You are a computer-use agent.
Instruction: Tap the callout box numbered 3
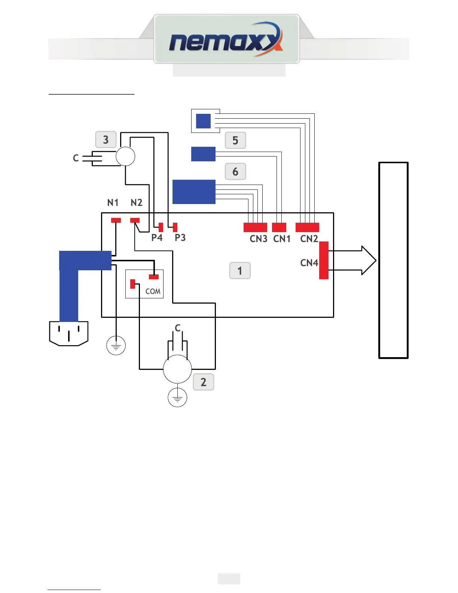click(x=106, y=140)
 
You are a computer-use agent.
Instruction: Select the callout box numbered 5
click(x=235, y=140)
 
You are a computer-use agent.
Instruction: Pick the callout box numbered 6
click(x=235, y=171)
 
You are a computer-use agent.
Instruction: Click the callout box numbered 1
click(x=240, y=271)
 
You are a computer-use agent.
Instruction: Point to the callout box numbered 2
click(x=204, y=382)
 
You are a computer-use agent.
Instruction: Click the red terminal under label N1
click(x=116, y=220)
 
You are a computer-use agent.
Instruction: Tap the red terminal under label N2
click(x=135, y=220)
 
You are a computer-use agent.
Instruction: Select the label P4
click(x=157, y=238)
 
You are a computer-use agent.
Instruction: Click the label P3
click(x=180, y=238)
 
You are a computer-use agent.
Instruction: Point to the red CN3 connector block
click(x=255, y=227)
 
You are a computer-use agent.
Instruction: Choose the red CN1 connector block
click(x=279, y=227)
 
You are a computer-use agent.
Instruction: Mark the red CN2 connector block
click(x=307, y=227)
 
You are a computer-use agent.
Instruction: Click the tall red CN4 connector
click(x=324, y=260)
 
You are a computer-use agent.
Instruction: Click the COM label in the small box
click(x=153, y=291)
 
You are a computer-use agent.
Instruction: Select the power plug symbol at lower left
click(x=69, y=333)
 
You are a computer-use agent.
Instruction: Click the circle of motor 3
click(x=125, y=156)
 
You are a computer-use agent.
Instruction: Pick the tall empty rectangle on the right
click(x=393, y=260)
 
